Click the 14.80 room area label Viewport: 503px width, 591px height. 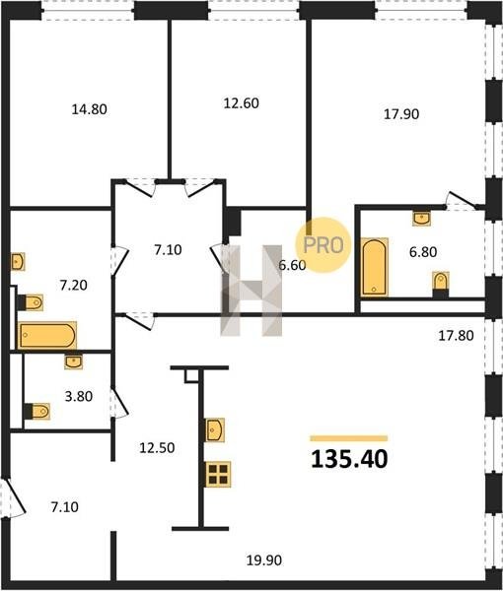90,109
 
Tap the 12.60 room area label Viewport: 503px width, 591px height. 241,102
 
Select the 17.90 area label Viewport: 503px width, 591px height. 401,114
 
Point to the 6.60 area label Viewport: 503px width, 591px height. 292,265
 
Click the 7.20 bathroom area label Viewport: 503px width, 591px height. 74,286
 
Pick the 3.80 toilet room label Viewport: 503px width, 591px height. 79,397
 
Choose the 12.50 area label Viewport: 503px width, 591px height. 157,448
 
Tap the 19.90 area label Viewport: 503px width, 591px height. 264,560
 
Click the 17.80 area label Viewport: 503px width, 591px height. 456,336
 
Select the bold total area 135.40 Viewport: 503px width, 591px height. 349,459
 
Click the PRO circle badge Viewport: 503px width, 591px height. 323,245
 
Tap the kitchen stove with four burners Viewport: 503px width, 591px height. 219,474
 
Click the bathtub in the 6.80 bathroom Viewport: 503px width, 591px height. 375,267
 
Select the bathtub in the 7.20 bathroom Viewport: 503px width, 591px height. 47,335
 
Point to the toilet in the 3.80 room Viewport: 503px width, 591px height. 36,411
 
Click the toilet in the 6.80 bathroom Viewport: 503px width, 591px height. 440,284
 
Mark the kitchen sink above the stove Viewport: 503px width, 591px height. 215,429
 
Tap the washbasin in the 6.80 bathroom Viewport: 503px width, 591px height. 422,218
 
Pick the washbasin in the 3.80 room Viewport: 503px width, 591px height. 74,361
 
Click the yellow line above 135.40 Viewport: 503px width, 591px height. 349,438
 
